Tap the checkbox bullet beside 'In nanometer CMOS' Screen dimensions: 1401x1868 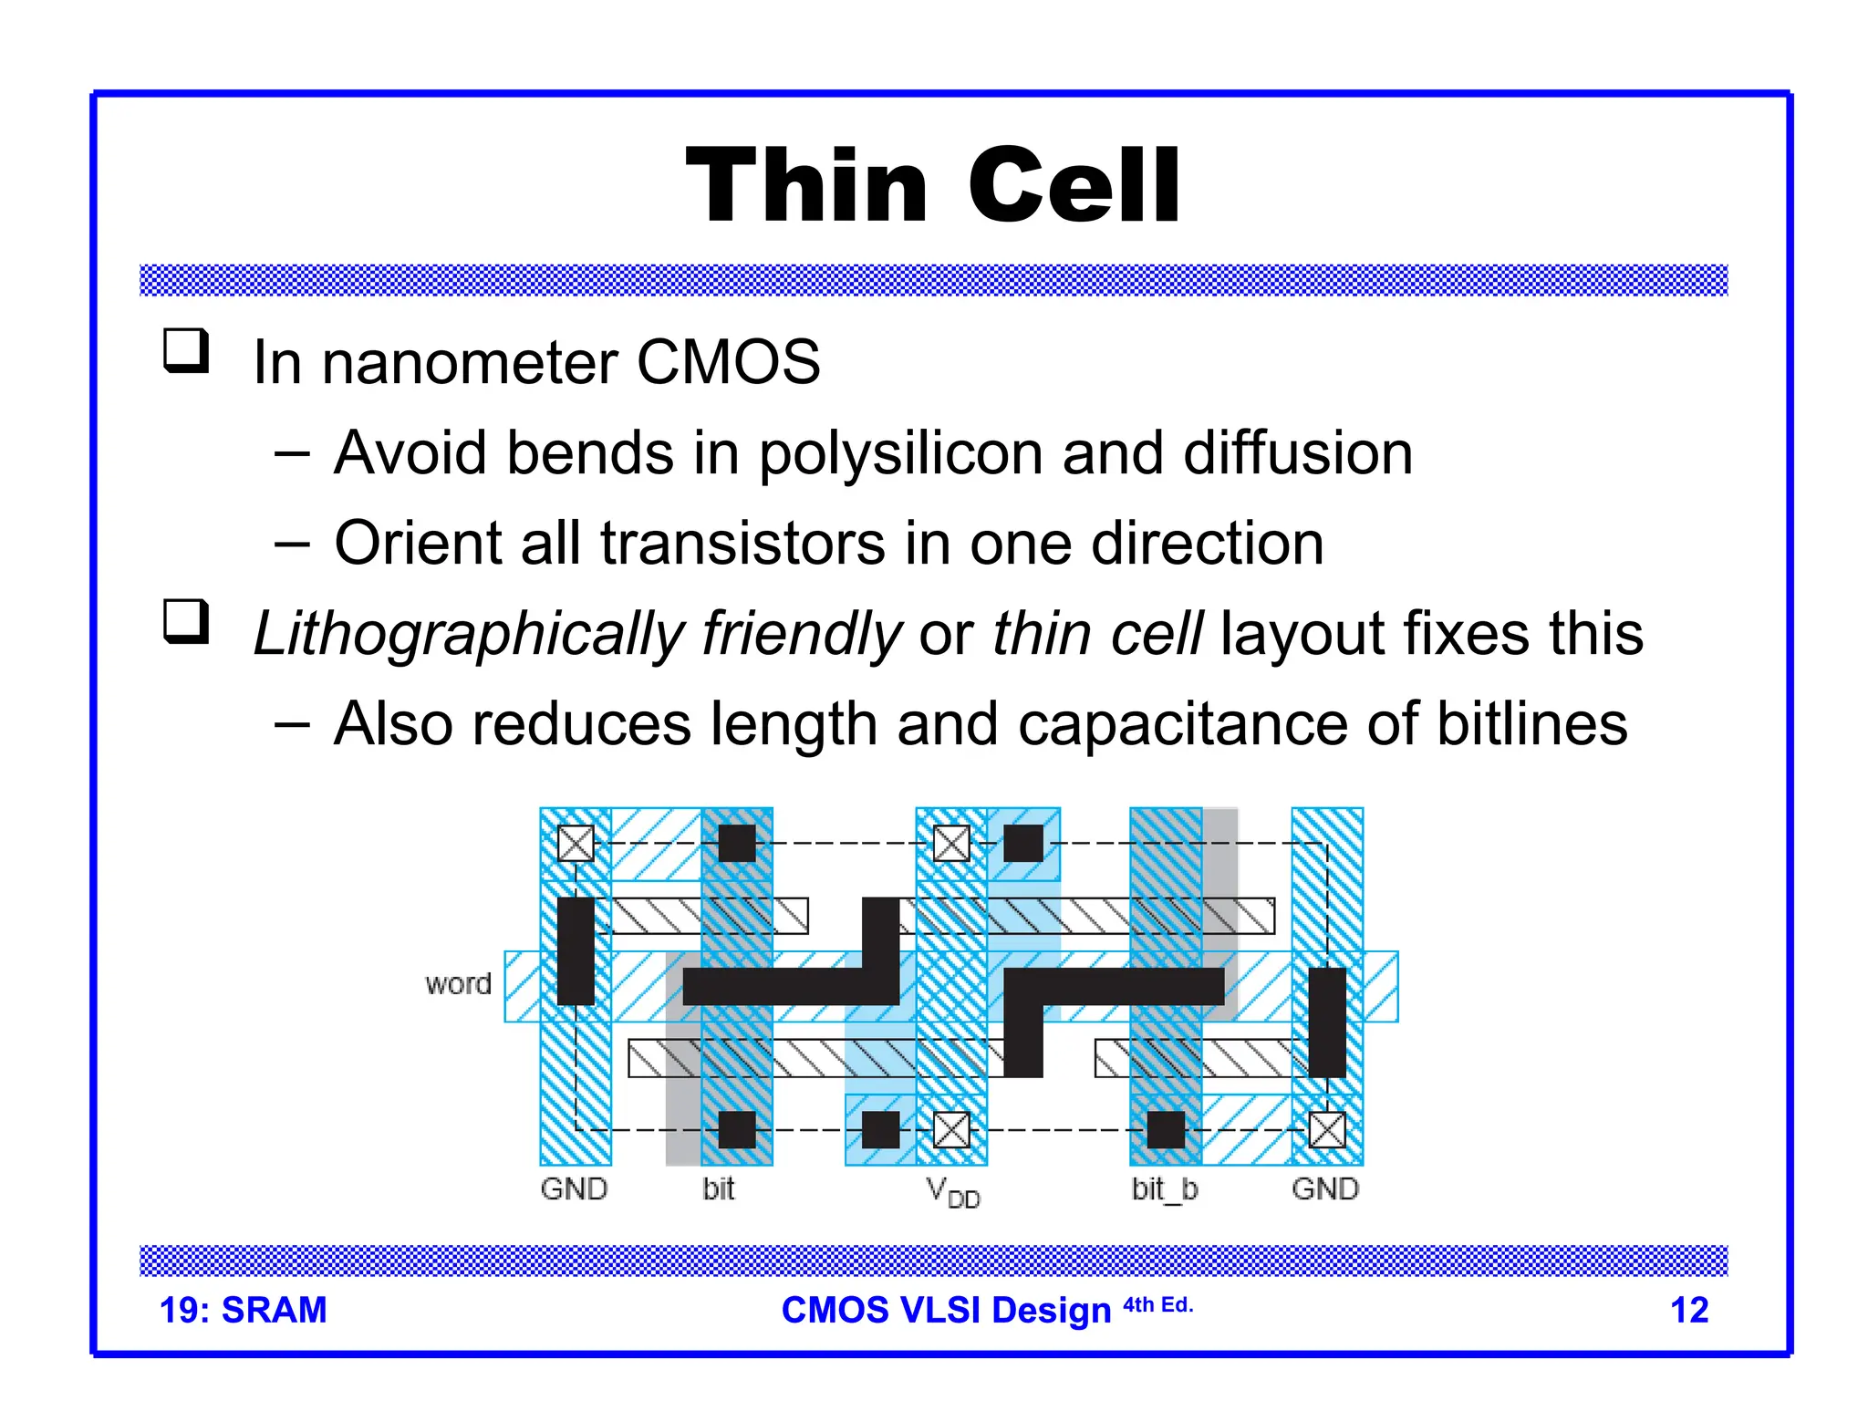point(186,350)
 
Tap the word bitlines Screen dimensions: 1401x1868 point(1531,724)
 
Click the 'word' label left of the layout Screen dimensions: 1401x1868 point(458,984)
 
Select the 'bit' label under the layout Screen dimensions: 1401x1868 point(718,1188)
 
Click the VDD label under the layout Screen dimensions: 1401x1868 point(952,1191)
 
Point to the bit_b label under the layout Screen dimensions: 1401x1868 point(1165,1188)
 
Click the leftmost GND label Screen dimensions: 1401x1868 point(574,1188)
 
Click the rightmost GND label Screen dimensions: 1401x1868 point(1325,1188)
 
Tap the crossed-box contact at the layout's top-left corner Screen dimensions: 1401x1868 point(576,844)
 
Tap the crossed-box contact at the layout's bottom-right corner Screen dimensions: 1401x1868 point(1327,1130)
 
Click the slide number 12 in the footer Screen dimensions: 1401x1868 point(1688,1310)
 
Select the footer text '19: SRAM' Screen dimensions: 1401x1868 point(243,1310)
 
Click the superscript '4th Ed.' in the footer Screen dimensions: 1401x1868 point(1157,1305)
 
